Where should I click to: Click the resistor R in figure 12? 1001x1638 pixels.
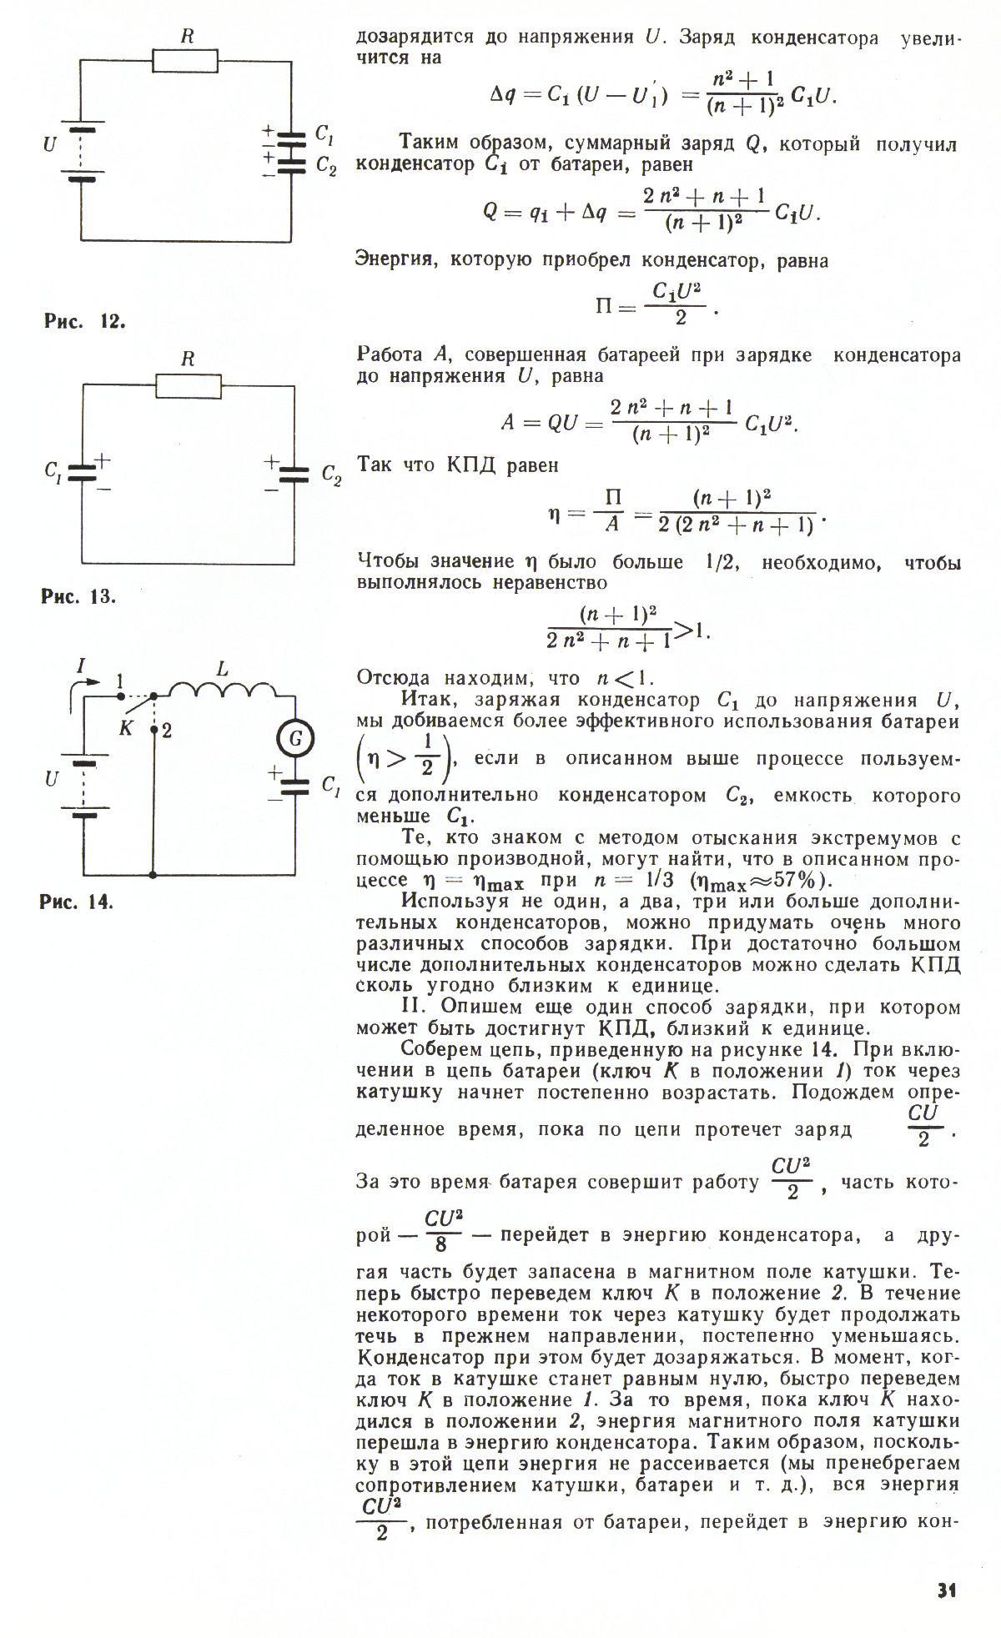(185, 61)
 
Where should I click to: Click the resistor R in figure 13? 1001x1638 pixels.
(189, 385)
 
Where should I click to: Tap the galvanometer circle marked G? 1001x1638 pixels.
(294, 739)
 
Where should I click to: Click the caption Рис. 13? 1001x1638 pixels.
(79, 596)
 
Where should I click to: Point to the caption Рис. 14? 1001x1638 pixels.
(77, 902)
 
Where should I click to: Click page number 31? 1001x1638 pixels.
(946, 1590)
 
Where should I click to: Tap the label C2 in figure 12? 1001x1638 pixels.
(326, 167)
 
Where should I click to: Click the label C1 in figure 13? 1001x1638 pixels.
(52, 471)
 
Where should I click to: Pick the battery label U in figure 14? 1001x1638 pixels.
(52, 780)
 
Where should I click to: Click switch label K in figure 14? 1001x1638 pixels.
(126, 728)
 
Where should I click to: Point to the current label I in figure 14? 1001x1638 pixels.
(81, 666)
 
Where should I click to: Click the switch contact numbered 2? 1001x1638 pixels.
(167, 731)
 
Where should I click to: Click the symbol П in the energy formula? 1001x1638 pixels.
(605, 306)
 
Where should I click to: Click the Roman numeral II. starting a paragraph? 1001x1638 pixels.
(414, 1007)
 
